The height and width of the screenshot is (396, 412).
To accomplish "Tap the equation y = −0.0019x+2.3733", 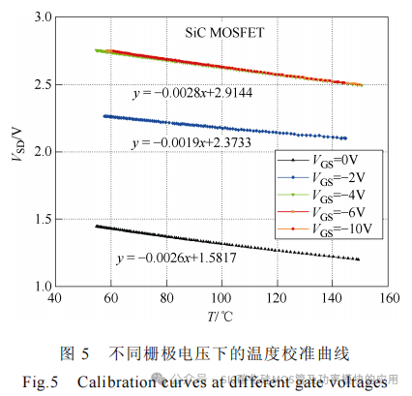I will [187, 143].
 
